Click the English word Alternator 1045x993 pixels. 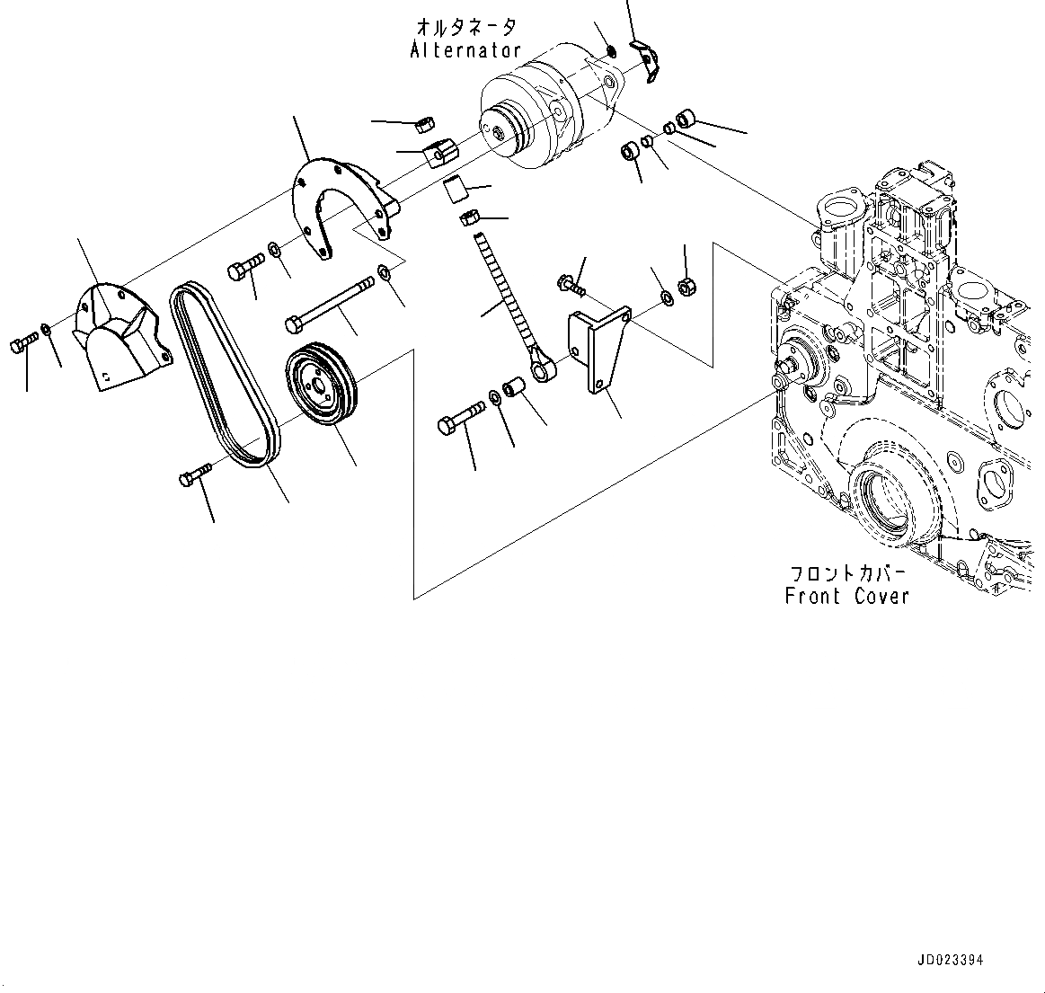465,50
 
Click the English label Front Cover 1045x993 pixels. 846,596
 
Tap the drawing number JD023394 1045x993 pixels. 950,960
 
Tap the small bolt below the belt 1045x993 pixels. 194,475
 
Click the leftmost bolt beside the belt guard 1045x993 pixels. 23,342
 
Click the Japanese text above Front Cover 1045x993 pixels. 847,572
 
